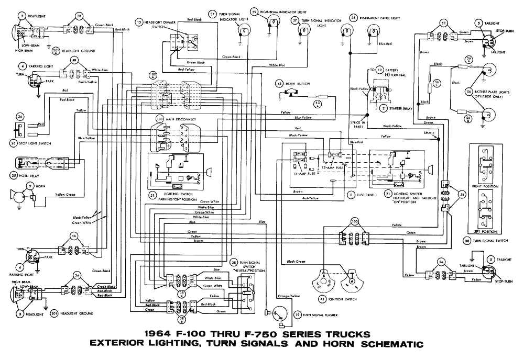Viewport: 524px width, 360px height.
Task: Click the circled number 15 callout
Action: click(x=138, y=22)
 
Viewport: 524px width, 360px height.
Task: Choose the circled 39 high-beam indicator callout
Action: click(x=255, y=11)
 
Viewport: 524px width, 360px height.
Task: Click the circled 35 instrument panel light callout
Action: click(x=354, y=17)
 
